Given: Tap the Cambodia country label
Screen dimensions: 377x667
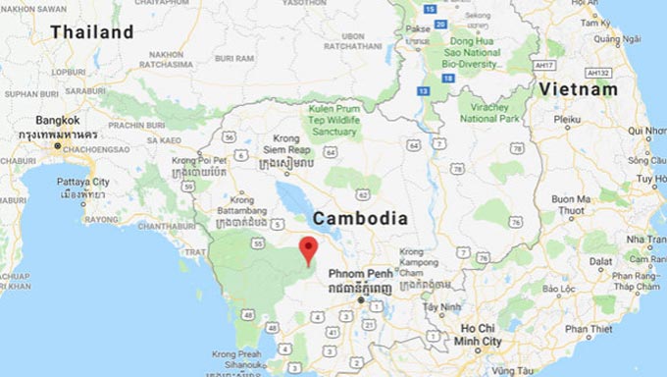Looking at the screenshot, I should (x=359, y=218).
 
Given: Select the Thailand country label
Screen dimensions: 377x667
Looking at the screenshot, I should (x=92, y=32).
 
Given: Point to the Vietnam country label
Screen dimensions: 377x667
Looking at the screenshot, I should (x=578, y=89).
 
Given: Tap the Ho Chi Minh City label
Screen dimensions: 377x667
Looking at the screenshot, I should (x=478, y=334).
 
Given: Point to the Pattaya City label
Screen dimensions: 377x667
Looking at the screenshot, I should (x=82, y=182).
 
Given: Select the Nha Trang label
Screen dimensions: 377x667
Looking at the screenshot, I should (x=644, y=240).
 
